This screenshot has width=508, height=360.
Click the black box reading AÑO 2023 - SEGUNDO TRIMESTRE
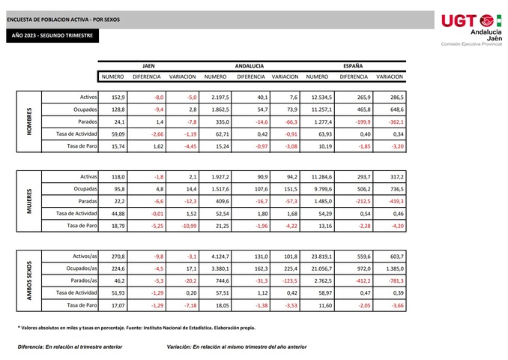pos(52,36)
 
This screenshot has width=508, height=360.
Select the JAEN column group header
pos(148,65)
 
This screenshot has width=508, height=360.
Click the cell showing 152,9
pos(118,97)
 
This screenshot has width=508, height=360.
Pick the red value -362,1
pos(396,121)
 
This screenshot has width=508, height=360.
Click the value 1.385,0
pos(394,268)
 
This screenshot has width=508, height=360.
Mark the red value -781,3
pos(394,280)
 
